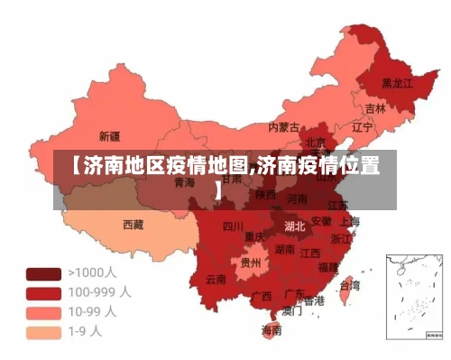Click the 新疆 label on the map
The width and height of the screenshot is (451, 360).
[108, 136]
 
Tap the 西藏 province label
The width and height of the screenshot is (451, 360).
[133, 224]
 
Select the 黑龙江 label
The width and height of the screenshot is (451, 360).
[397, 82]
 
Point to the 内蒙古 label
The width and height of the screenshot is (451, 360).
[284, 127]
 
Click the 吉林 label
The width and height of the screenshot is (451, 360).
[374, 108]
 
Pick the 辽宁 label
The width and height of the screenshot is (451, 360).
[362, 127]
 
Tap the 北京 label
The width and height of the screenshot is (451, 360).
[316, 142]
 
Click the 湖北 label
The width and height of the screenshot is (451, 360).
[294, 226]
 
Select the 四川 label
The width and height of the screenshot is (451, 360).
[233, 226]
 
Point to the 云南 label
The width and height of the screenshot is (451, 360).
[216, 279]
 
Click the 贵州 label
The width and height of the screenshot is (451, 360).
[250, 263]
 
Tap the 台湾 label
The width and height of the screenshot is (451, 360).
[348, 285]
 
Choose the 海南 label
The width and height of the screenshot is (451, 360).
[271, 330]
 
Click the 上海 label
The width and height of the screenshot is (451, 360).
[350, 221]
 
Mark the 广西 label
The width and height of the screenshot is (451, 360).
[262, 296]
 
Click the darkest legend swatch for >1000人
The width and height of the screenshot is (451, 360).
[42, 273]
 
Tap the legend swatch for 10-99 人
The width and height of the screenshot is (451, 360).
[42, 312]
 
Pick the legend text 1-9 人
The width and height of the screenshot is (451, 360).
[86, 331]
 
